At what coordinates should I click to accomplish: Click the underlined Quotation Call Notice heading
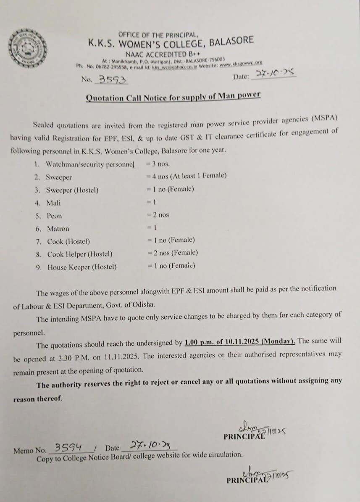pos(173,97)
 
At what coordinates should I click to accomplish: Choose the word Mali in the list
pos(53,203)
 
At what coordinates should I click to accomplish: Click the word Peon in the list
pos(54,216)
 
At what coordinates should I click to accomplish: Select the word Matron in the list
pos(58,229)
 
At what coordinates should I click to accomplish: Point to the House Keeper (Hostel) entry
pos(82,267)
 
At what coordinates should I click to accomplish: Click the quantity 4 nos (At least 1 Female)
pos(186,176)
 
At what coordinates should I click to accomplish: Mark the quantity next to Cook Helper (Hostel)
pos(172,253)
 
